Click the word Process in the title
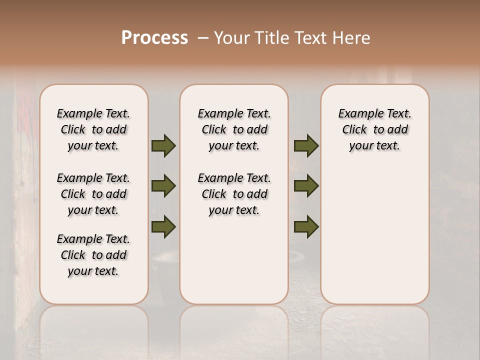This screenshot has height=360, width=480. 154,38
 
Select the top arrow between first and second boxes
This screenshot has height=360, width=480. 163,146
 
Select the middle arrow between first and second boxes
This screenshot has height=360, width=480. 163,186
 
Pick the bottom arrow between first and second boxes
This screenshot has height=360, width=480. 163,226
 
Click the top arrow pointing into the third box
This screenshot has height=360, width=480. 306,146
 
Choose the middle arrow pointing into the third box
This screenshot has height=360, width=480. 306,186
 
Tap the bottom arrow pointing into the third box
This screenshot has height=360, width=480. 306,226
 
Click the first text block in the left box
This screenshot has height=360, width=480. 93,129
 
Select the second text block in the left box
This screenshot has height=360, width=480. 93,194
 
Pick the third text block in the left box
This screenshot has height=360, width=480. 93,255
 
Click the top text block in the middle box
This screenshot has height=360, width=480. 234,129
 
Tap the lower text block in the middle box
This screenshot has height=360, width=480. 234,194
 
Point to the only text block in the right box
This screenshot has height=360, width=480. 374,129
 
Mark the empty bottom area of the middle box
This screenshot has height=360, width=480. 234,265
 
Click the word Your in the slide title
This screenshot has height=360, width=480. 231,38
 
